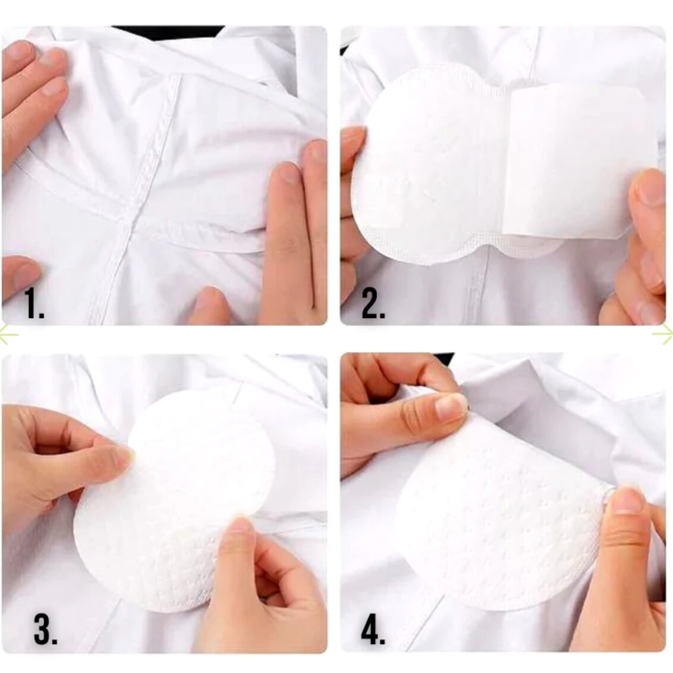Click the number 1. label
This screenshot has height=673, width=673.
[x=34, y=303]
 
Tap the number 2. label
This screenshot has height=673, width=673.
[x=373, y=303]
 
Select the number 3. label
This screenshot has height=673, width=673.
[x=46, y=629]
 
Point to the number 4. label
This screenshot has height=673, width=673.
[x=373, y=629]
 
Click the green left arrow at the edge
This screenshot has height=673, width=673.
[x=8, y=334]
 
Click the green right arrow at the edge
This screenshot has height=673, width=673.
[x=663, y=334]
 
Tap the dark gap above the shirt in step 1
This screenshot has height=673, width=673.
[x=168, y=31]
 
